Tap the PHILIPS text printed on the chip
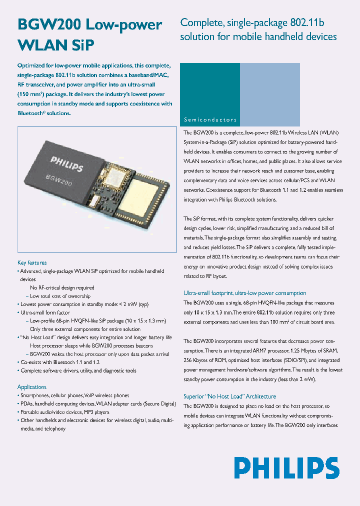coord(66,163)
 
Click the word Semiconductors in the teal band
coord(210,120)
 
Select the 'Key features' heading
coord(32,262)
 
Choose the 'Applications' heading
coord(32,387)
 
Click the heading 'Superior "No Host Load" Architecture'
coord(229,396)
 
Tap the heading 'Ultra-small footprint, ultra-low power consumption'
coord(244,293)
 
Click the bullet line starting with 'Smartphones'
coord(75,395)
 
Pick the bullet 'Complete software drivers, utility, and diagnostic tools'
coord(78,370)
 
